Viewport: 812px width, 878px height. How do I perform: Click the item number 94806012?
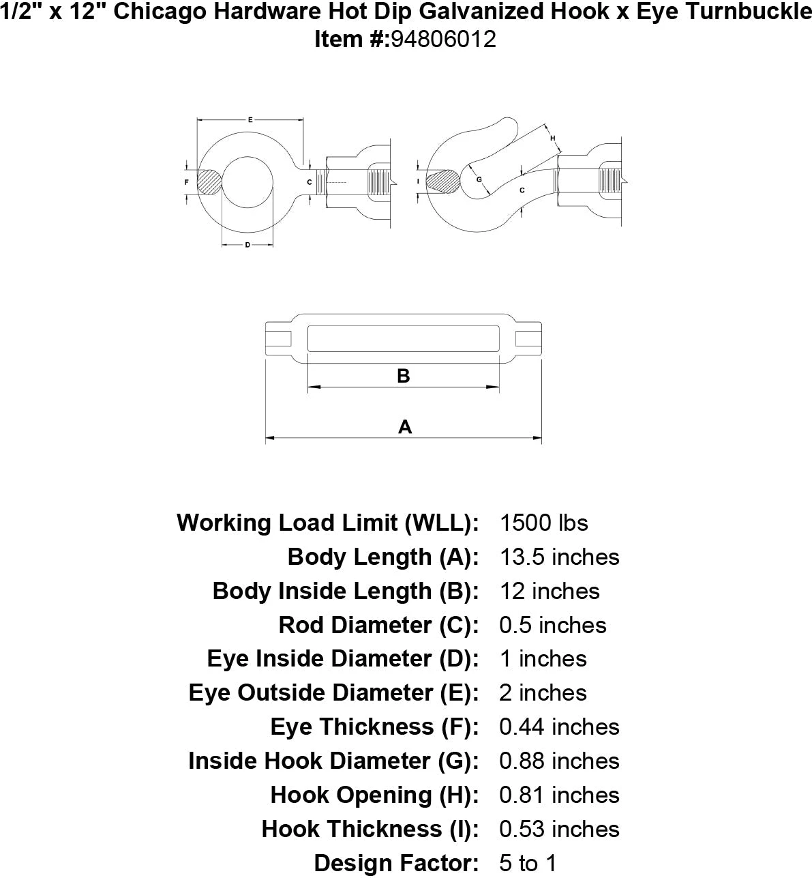tap(442, 40)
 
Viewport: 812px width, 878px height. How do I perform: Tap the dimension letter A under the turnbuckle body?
tap(405, 427)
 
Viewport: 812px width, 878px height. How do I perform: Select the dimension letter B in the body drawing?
tap(404, 376)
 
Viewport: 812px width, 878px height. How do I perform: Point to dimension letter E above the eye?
tap(250, 120)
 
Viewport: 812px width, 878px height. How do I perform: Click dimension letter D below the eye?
tap(247, 244)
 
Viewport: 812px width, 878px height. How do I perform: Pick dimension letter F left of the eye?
tap(187, 182)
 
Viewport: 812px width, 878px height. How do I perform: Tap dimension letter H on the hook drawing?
tap(553, 138)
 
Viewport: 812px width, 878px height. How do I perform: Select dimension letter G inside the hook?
tap(479, 179)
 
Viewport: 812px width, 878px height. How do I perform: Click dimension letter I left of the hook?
tap(417, 181)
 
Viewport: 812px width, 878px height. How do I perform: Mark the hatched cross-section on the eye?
tap(210, 182)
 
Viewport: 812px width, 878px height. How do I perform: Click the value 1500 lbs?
tap(543, 523)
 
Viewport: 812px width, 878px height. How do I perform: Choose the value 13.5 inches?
tap(559, 557)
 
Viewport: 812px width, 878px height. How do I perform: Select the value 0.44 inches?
tap(559, 727)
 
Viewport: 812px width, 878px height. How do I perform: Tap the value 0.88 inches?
tap(559, 761)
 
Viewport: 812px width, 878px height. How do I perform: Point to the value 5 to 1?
tap(528, 864)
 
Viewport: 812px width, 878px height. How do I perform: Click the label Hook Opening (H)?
tap(374, 795)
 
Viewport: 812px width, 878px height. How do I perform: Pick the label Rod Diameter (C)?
tap(378, 625)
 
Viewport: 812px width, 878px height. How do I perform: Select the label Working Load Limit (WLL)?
tap(328, 523)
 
